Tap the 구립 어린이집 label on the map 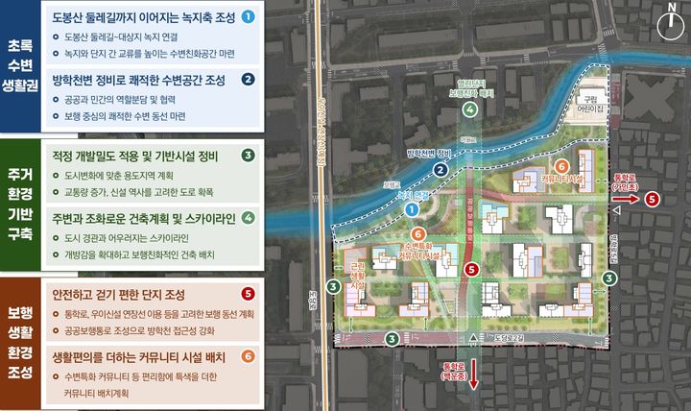pos(597,104)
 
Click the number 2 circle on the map pos(441,171)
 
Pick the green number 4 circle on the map pos(469,110)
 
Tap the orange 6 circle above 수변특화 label pos(417,233)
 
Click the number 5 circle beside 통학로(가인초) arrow pos(653,200)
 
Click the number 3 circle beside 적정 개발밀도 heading pos(248,155)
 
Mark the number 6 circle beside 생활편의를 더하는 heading pos(248,356)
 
